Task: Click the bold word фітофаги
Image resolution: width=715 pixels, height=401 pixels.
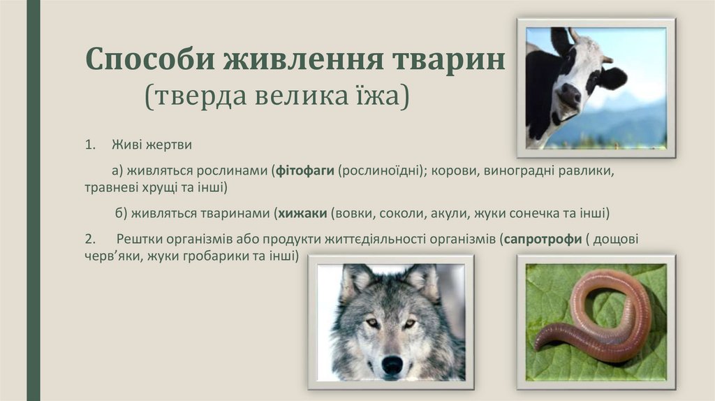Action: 304,170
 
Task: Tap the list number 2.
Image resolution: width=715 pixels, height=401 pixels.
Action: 89,239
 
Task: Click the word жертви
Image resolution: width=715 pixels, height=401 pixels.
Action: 168,145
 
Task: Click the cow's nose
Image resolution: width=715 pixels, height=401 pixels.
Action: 568,95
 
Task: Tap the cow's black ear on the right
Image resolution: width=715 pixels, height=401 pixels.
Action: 612,78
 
